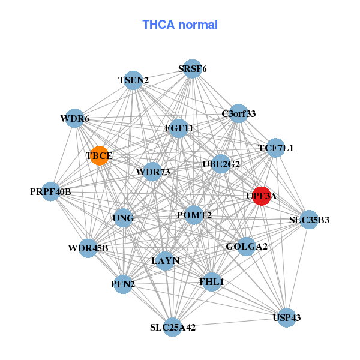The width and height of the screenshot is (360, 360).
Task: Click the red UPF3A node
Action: (x=261, y=196)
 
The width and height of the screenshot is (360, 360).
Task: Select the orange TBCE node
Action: (x=99, y=155)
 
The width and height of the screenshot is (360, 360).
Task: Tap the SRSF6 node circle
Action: (x=193, y=68)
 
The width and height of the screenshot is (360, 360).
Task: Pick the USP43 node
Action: (x=287, y=317)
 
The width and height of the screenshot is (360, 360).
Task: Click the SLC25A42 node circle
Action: (x=172, y=327)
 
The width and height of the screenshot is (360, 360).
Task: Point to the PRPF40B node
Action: (x=51, y=191)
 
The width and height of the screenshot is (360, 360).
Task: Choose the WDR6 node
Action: (x=74, y=118)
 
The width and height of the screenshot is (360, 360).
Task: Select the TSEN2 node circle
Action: (x=133, y=80)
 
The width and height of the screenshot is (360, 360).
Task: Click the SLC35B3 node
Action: (x=309, y=220)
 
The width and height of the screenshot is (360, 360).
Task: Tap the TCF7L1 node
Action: (x=276, y=148)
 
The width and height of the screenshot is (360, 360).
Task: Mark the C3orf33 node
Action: (x=239, y=113)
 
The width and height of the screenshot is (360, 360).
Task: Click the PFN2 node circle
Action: (x=123, y=284)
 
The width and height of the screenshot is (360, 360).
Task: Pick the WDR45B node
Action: (x=88, y=248)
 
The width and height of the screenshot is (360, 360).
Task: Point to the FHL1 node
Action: (x=211, y=282)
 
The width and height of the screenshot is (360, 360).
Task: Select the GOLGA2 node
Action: (x=246, y=247)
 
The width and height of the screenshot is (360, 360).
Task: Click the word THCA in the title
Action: (x=158, y=25)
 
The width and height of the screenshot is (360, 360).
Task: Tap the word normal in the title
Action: (x=198, y=25)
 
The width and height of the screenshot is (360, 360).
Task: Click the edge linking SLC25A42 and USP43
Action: (x=230, y=322)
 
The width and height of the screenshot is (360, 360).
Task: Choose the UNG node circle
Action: (x=123, y=218)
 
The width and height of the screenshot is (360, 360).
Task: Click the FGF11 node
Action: (x=179, y=128)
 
